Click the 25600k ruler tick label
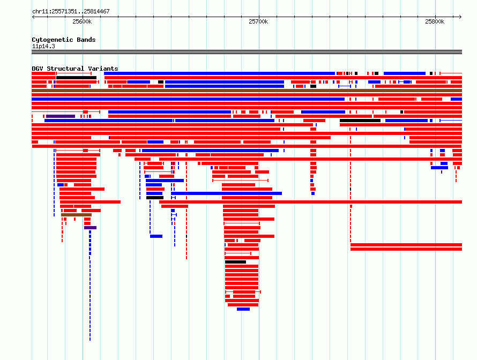coord(82,21)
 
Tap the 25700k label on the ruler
coord(258,21)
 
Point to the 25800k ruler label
coord(435,21)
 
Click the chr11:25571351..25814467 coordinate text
coord(71,12)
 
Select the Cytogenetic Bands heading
coord(64,40)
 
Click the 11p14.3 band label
coord(43,46)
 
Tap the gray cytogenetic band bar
coord(247,52)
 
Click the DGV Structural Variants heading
coord(75,69)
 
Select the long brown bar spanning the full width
coord(247,91)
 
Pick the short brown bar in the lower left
coord(76,215)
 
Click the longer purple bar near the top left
coord(61,116)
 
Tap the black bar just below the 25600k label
coord(76,78)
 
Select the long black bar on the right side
coord(360,121)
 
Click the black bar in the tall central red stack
coord(235,262)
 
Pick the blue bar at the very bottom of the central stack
coord(243,309)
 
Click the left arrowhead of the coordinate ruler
coord(33,17)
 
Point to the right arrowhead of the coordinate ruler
coord(460,17)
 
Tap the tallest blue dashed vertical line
coord(90,286)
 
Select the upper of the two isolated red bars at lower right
coord(406,245)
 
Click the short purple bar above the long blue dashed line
coord(91,228)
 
